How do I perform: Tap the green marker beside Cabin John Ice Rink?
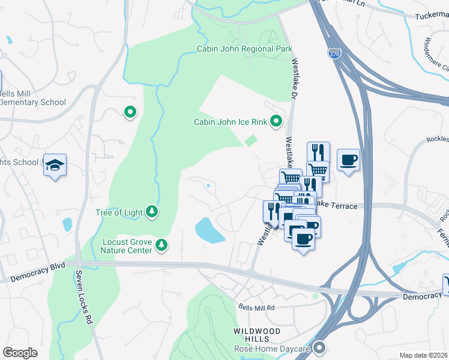276,122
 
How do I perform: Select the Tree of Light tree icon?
152,211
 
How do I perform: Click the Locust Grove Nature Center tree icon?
161,244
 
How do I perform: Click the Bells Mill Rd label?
256,307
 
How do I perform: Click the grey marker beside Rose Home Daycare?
319,347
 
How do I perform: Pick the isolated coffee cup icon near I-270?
348,160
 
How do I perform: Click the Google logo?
20,353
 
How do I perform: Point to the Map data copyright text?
424,355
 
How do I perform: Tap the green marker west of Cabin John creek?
130,112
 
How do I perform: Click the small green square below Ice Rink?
251,140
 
